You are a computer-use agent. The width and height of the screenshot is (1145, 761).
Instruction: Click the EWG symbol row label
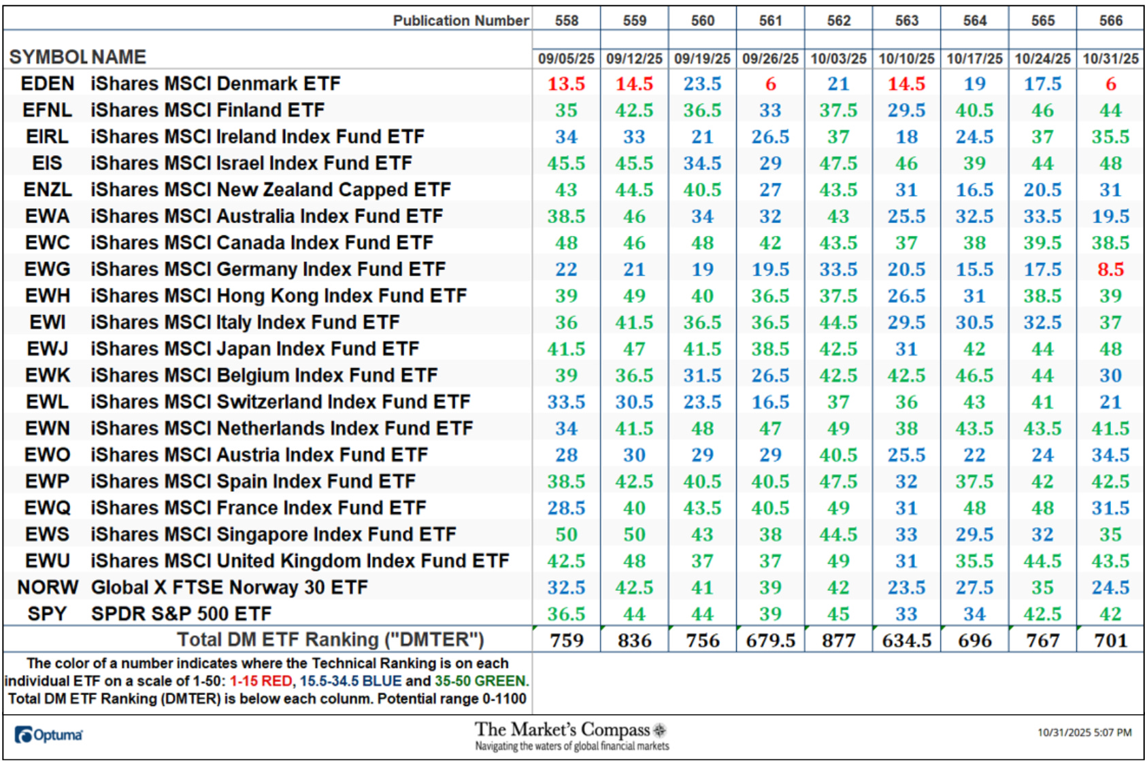click(47, 269)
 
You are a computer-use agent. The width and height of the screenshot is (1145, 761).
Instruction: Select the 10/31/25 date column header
click(1110, 58)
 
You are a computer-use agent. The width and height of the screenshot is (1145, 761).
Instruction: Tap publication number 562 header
click(838, 20)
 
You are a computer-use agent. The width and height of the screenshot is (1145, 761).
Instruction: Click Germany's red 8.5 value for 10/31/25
click(1110, 269)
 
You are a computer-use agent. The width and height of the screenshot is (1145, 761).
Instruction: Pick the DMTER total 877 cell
click(838, 640)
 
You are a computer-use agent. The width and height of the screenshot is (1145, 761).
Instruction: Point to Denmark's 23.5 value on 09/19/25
click(702, 84)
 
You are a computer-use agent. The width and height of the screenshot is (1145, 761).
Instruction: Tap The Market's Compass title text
click(563, 730)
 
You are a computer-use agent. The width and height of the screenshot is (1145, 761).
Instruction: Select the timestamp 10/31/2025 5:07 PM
click(1084, 732)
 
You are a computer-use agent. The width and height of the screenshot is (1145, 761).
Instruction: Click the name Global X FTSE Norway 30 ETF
click(229, 588)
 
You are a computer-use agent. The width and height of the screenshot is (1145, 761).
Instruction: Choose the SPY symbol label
click(47, 614)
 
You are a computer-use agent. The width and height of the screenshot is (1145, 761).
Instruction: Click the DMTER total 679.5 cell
click(770, 640)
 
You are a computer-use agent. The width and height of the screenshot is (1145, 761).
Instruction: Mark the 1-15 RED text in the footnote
click(261, 681)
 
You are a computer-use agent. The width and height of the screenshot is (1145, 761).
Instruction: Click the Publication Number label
click(461, 20)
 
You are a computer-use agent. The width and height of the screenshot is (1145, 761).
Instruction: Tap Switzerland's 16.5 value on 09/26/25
click(770, 402)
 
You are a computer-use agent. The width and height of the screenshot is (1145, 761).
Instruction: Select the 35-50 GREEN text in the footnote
click(480, 681)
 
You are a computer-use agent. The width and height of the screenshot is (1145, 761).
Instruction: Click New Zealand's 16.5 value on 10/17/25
click(974, 190)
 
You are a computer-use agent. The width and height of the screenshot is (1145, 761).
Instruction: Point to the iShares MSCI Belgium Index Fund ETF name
click(264, 375)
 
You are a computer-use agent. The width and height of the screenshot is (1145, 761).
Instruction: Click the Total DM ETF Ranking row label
click(331, 640)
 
